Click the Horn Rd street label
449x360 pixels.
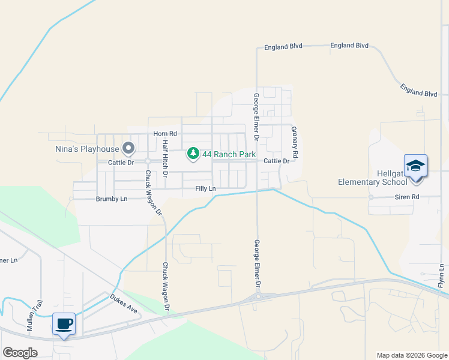(x=165, y=134)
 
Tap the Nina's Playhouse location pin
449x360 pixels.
(x=128, y=148)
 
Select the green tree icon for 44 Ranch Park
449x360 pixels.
(x=193, y=154)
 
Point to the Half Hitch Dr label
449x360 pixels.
(x=166, y=157)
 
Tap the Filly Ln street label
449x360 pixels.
(x=205, y=188)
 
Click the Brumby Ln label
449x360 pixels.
(x=112, y=199)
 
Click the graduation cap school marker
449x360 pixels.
(x=415, y=165)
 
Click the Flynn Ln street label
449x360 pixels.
(x=441, y=275)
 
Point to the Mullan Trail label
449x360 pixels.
(x=33, y=316)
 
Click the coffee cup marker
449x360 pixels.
(x=64, y=324)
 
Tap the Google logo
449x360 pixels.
(x=20, y=353)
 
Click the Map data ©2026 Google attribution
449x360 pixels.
(x=411, y=355)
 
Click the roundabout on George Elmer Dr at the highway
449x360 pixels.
(x=258, y=296)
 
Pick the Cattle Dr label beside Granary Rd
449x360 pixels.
(x=277, y=161)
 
